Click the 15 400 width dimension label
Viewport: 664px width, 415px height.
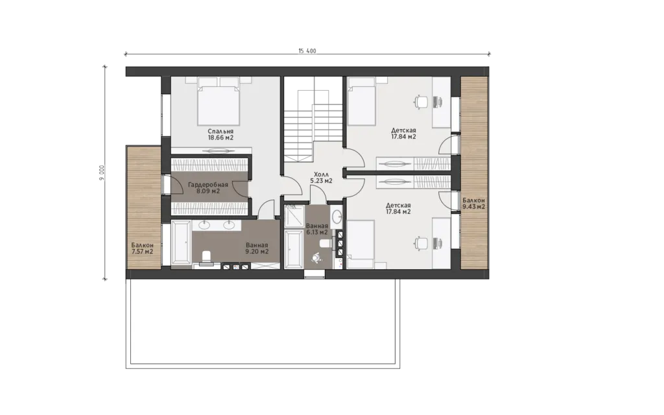(x=307, y=51)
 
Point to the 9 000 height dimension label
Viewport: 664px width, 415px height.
(x=101, y=172)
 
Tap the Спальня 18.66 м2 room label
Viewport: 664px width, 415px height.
(x=220, y=134)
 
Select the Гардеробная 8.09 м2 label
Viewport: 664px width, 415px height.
(x=208, y=187)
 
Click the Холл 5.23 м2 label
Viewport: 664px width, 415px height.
(x=321, y=178)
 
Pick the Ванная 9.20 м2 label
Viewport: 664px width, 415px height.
(x=257, y=248)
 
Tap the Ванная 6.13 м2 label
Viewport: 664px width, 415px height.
(x=316, y=229)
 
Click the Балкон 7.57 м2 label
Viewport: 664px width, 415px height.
(x=142, y=248)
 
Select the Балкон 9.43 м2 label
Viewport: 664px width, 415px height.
(x=474, y=203)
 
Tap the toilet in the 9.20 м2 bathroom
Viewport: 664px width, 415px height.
(x=207, y=258)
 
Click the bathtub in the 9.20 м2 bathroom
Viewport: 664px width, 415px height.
(x=182, y=244)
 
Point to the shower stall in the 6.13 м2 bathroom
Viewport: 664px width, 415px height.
(x=293, y=215)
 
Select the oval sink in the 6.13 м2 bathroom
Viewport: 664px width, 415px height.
(x=337, y=217)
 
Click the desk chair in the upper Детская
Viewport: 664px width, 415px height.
(x=421, y=102)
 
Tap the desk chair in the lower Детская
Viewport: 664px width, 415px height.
(x=421, y=243)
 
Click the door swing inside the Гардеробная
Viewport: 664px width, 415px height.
(x=240, y=188)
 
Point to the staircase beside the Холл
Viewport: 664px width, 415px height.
(x=313, y=125)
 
